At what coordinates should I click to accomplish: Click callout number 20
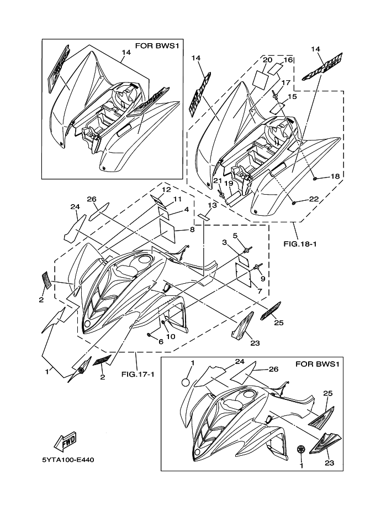click(x=267, y=60)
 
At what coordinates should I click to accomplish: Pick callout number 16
click(x=288, y=60)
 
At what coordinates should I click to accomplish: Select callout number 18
click(x=335, y=176)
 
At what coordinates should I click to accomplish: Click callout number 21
click(x=217, y=181)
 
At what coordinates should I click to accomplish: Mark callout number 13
click(x=213, y=205)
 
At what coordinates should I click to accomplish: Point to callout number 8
click(x=192, y=230)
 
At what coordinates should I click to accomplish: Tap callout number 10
click(x=171, y=336)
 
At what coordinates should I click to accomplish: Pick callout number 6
click(x=161, y=342)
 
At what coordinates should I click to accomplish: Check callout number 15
click(x=292, y=97)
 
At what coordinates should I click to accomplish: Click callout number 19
click(x=228, y=183)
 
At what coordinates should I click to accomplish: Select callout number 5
click(x=235, y=236)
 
